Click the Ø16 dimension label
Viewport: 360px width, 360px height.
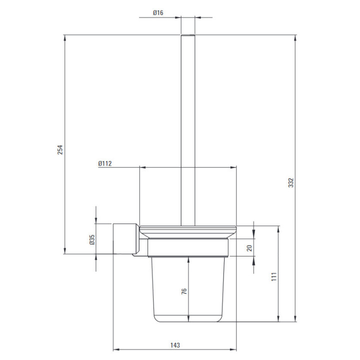tap(158, 12)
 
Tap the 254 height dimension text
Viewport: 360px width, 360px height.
tap(60, 149)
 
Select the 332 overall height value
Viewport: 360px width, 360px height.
tap(291, 182)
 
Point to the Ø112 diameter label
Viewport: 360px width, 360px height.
tap(105, 163)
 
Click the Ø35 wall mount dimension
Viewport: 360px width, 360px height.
tap(92, 239)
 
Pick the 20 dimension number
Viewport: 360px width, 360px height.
tap(249, 248)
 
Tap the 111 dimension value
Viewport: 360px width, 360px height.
tap(274, 277)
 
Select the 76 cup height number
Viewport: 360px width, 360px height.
tap(184, 291)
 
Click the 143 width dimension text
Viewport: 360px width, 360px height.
tap(175, 345)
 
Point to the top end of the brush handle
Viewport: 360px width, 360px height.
tap(188, 35)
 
